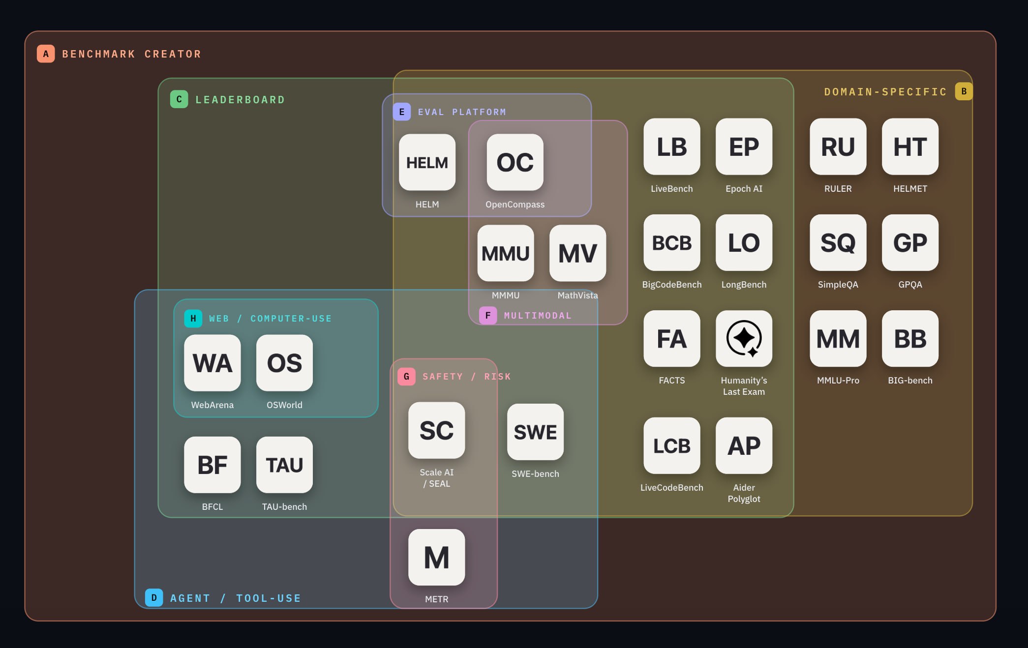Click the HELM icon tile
(x=427, y=162)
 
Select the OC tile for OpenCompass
(x=515, y=162)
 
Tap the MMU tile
(x=506, y=253)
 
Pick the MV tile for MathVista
(x=578, y=253)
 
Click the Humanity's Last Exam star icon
(x=744, y=338)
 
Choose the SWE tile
(x=536, y=432)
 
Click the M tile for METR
(x=437, y=557)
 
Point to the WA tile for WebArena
(x=212, y=363)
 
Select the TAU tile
(x=285, y=465)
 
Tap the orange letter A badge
(x=46, y=54)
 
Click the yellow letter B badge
(x=964, y=91)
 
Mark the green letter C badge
(x=179, y=99)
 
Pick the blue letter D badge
(x=154, y=597)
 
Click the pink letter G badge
(x=406, y=377)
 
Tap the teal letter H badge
(x=193, y=319)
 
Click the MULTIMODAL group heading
(x=538, y=316)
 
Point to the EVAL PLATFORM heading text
(x=462, y=112)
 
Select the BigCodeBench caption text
(x=672, y=285)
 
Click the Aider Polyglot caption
(x=744, y=493)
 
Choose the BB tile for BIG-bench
(x=910, y=338)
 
